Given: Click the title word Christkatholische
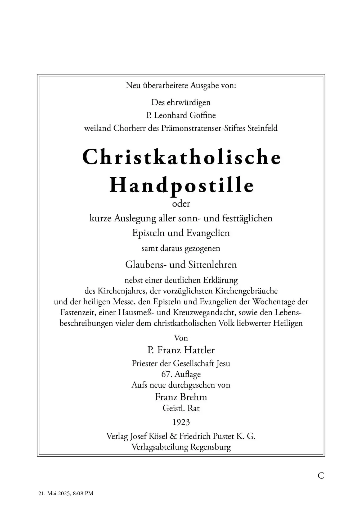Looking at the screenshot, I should tap(181, 157).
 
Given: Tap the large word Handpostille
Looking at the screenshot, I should tap(182, 185).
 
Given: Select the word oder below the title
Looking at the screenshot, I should tap(181, 204).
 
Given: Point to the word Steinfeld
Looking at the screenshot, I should tap(263, 128).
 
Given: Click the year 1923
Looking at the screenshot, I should tap(181, 422).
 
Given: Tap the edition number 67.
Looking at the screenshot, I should tap(166, 374).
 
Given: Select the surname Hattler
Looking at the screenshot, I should tap(199, 350).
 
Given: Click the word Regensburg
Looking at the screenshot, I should tap(210, 447).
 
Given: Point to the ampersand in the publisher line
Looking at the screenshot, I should tap(173, 436).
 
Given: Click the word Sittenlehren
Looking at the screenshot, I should tap(213, 265).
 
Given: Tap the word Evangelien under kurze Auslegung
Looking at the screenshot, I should tap(208, 233).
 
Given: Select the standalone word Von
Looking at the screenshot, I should tap(181, 338).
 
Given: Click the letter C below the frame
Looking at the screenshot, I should tap(321, 476).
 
